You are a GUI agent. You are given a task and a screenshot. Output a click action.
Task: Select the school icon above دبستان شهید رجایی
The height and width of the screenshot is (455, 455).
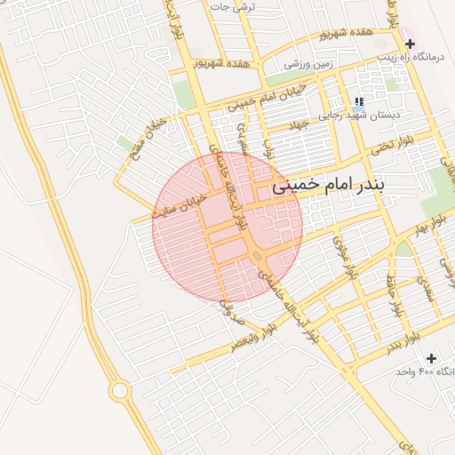358,102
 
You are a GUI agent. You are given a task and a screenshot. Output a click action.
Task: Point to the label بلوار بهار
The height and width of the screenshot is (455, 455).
425,228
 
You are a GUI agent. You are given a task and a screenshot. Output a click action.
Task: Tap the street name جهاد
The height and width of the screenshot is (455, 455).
298,124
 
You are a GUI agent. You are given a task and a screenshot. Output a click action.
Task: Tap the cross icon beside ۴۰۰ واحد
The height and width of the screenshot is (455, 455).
432,358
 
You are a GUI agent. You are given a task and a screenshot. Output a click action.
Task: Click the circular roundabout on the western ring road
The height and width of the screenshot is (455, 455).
120,390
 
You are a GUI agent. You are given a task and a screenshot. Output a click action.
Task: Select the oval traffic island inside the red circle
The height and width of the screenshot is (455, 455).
257,256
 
